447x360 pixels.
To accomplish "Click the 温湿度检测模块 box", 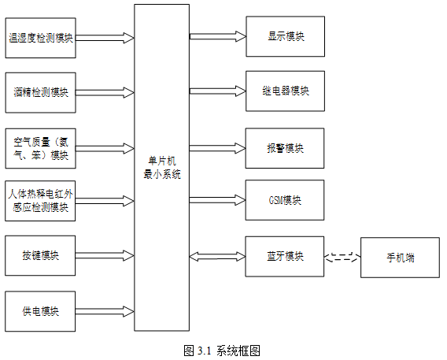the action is [40, 38].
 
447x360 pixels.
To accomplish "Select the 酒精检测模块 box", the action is [40, 93].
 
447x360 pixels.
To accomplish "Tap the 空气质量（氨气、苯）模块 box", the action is [40, 148].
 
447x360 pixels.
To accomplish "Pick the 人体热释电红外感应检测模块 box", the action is [40, 201].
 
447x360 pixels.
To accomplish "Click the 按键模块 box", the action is [40, 255].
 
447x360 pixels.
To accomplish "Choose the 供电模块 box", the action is [40, 311].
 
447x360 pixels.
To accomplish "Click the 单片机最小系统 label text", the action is [162, 168].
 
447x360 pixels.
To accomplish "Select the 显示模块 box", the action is [286, 36].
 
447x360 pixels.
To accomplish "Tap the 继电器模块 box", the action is [286, 91].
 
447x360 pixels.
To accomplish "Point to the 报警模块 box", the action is [285, 148].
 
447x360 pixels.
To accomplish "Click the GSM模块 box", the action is [285, 200].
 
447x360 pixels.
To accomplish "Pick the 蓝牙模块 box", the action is [285, 257].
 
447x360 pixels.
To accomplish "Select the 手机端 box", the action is [401, 258].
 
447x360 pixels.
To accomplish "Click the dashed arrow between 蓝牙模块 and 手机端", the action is [342, 257].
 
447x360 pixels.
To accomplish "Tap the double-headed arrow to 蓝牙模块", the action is [217, 257].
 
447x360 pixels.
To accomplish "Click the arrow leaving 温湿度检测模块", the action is [105, 38].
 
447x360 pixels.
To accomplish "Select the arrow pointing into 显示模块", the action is [218, 36].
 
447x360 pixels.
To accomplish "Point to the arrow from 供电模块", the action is [105, 311].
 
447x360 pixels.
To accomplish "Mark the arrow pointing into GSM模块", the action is [217, 200].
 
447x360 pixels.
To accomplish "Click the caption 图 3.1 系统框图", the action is [222, 351].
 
